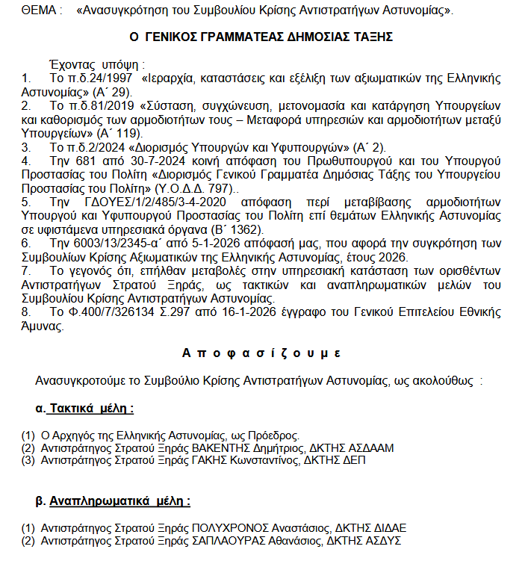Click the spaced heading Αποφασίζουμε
pos(262,353)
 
